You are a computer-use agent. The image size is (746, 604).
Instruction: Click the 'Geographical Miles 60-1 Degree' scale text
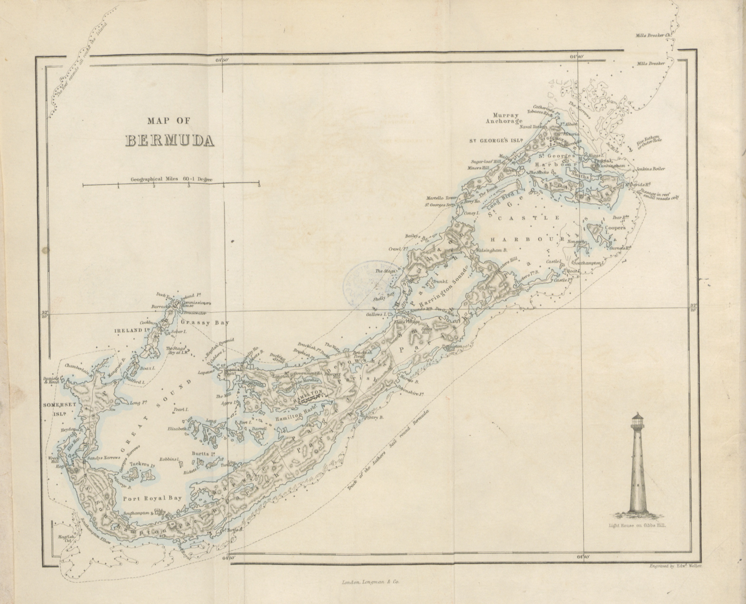pos(171,179)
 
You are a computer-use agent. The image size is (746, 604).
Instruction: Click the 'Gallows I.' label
pos(376,314)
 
